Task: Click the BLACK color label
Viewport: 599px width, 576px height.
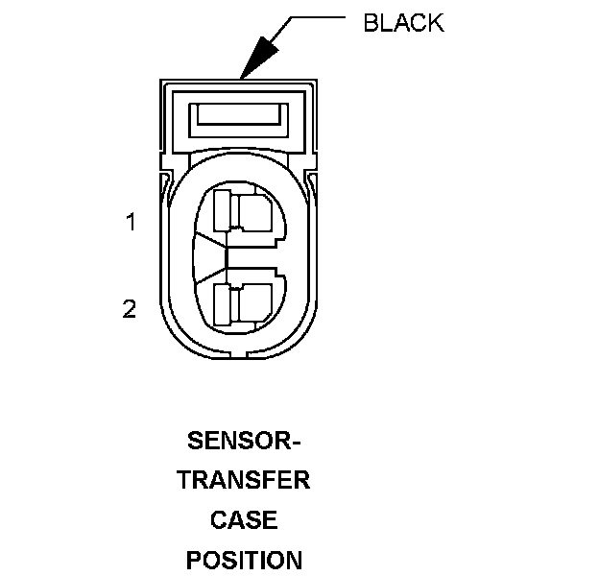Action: coord(403,23)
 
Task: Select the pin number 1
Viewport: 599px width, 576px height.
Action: coord(131,223)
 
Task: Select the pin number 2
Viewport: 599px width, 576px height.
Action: coord(130,309)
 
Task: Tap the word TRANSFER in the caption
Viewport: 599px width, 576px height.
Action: coord(244,480)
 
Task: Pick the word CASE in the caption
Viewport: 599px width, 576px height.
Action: coord(244,519)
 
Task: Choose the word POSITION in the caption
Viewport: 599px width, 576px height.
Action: coord(244,559)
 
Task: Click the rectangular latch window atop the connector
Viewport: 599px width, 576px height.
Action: coord(239,117)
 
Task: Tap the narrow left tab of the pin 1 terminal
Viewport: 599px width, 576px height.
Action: coord(222,209)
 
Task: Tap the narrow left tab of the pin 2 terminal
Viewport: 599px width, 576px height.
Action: coord(222,303)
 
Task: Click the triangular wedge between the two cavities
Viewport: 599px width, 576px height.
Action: coord(210,256)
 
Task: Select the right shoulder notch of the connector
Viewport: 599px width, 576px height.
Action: coord(314,179)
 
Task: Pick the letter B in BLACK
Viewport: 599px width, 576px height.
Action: coord(371,23)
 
